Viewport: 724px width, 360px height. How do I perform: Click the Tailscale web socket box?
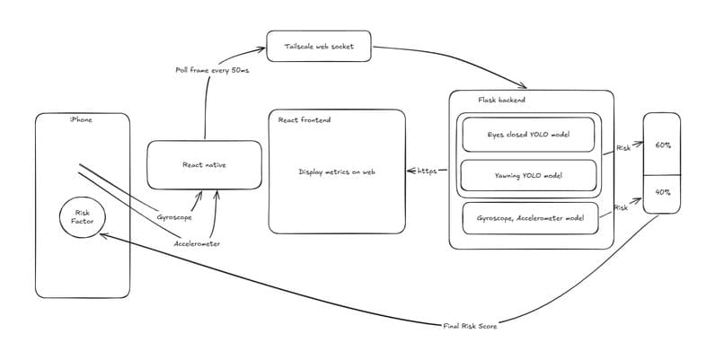pos(319,46)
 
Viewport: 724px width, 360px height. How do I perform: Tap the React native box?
pos(204,165)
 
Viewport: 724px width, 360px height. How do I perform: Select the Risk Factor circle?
pos(83,217)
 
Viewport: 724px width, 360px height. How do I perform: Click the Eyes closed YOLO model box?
pos(528,135)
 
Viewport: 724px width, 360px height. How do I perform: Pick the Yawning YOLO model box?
pos(528,175)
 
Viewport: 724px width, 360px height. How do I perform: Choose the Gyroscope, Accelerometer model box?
pos(530,218)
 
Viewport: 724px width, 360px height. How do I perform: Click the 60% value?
pos(663,145)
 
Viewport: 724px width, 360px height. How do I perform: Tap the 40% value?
pos(663,192)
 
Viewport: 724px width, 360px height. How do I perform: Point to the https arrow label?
pos(427,171)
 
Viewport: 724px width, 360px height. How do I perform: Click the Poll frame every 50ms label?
pos(212,70)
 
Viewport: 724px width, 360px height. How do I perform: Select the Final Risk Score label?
pos(470,326)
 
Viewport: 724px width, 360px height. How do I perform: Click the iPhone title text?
pos(81,120)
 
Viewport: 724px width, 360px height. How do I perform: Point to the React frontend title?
pos(305,120)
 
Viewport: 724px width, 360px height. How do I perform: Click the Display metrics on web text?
pos(337,171)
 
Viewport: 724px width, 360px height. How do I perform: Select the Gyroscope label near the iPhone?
pos(174,217)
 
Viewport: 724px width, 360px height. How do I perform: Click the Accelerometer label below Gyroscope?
pos(197,243)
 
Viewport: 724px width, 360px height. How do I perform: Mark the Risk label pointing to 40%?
pos(621,208)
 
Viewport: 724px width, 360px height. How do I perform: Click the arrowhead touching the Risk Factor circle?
pos(102,235)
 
